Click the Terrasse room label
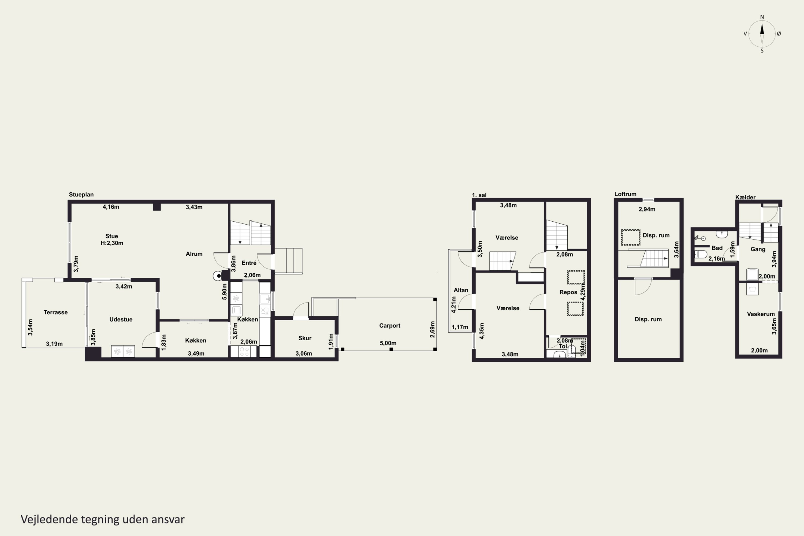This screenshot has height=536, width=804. tap(55, 312)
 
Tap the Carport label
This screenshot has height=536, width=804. tap(389, 325)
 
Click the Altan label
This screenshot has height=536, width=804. tap(461, 290)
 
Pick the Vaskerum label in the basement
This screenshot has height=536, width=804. tap(761, 314)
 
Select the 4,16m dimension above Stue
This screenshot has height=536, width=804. tap(111, 207)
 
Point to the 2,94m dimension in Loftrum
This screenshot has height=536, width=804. tap(647, 209)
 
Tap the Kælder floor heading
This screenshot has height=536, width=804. tap(745, 197)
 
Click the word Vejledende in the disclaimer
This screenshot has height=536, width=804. tap(49, 519)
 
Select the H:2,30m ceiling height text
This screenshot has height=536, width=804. tap(112, 243)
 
